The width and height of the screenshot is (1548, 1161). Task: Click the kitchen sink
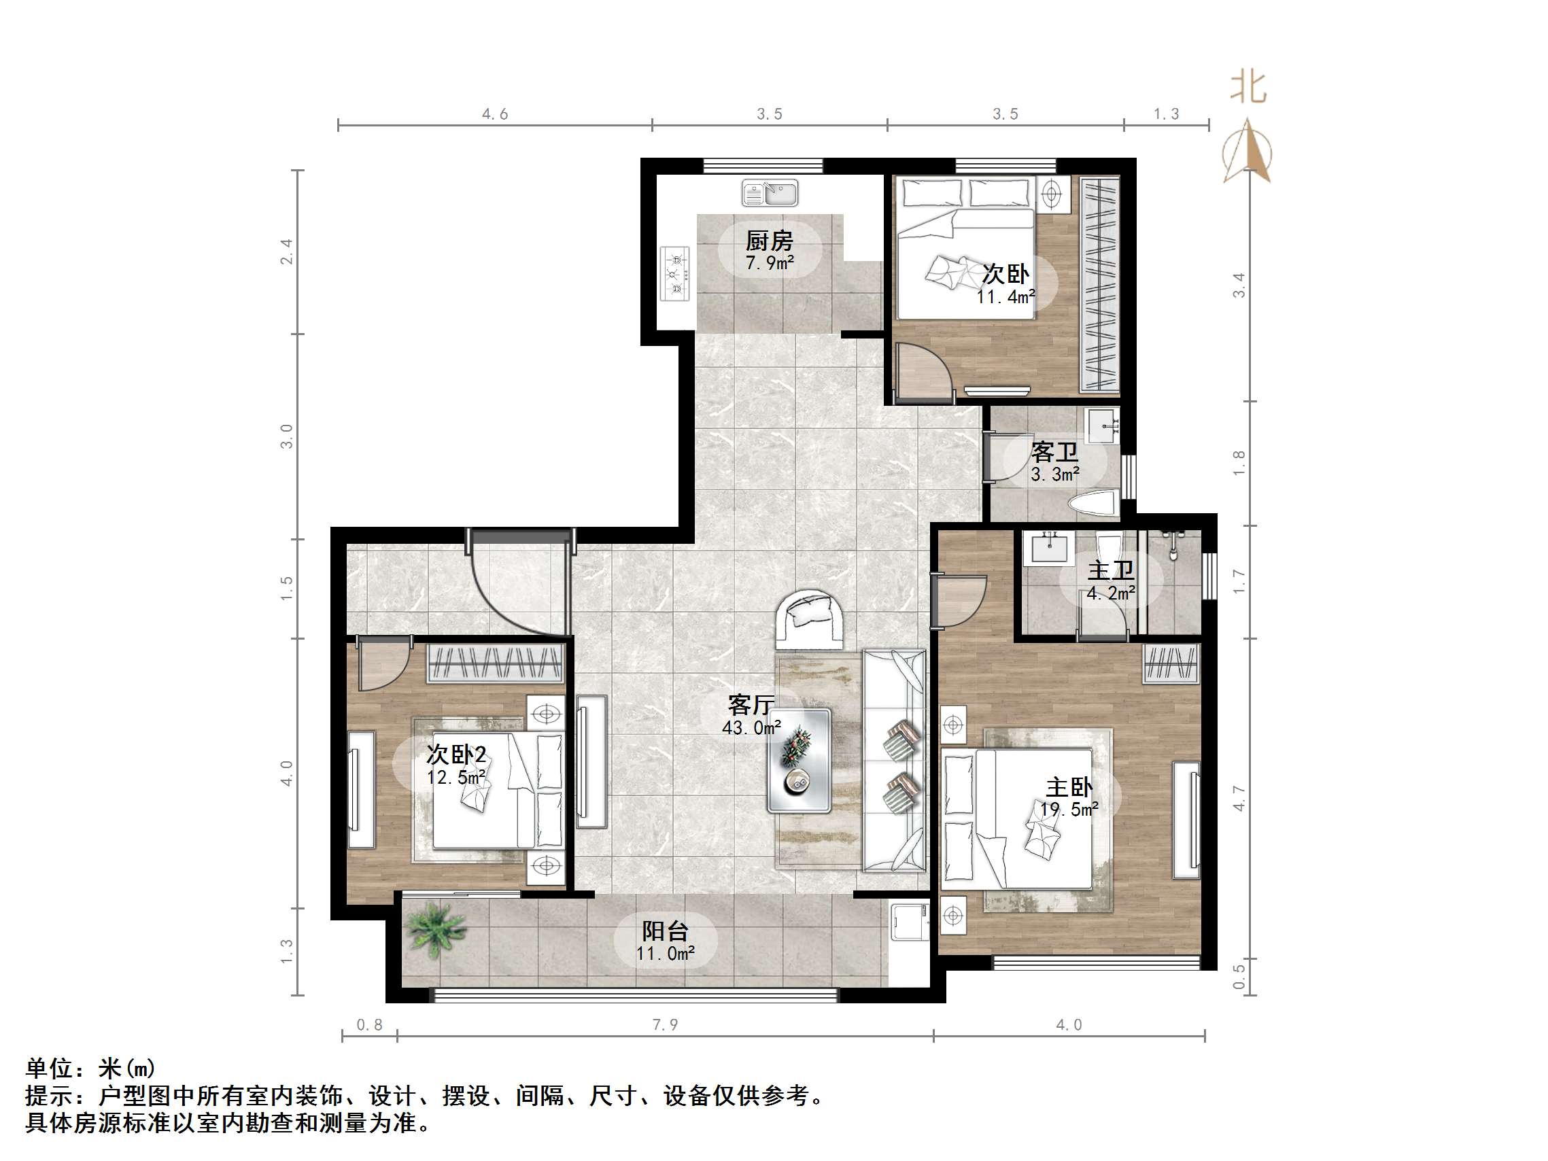[770, 192]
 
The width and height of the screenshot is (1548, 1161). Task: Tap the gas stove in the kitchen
[675, 274]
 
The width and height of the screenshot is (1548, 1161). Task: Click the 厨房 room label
[769, 241]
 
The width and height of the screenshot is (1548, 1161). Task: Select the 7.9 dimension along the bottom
[665, 1025]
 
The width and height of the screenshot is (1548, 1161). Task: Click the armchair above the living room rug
[811, 619]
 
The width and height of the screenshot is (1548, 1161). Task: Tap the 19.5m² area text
[1069, 810]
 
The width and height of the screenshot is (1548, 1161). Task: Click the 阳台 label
[665, 931]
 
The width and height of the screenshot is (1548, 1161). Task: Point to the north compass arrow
[1247, 151]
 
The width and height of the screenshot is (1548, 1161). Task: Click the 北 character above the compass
[1248, 89]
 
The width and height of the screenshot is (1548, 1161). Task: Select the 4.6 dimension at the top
[495, 114]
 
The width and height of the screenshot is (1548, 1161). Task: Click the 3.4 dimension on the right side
[1239, 285]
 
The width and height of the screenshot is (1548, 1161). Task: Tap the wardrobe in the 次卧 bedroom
[1100, 284]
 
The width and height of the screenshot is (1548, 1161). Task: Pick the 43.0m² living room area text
[751, 728]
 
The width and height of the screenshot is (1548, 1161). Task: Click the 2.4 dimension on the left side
[286, 252]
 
